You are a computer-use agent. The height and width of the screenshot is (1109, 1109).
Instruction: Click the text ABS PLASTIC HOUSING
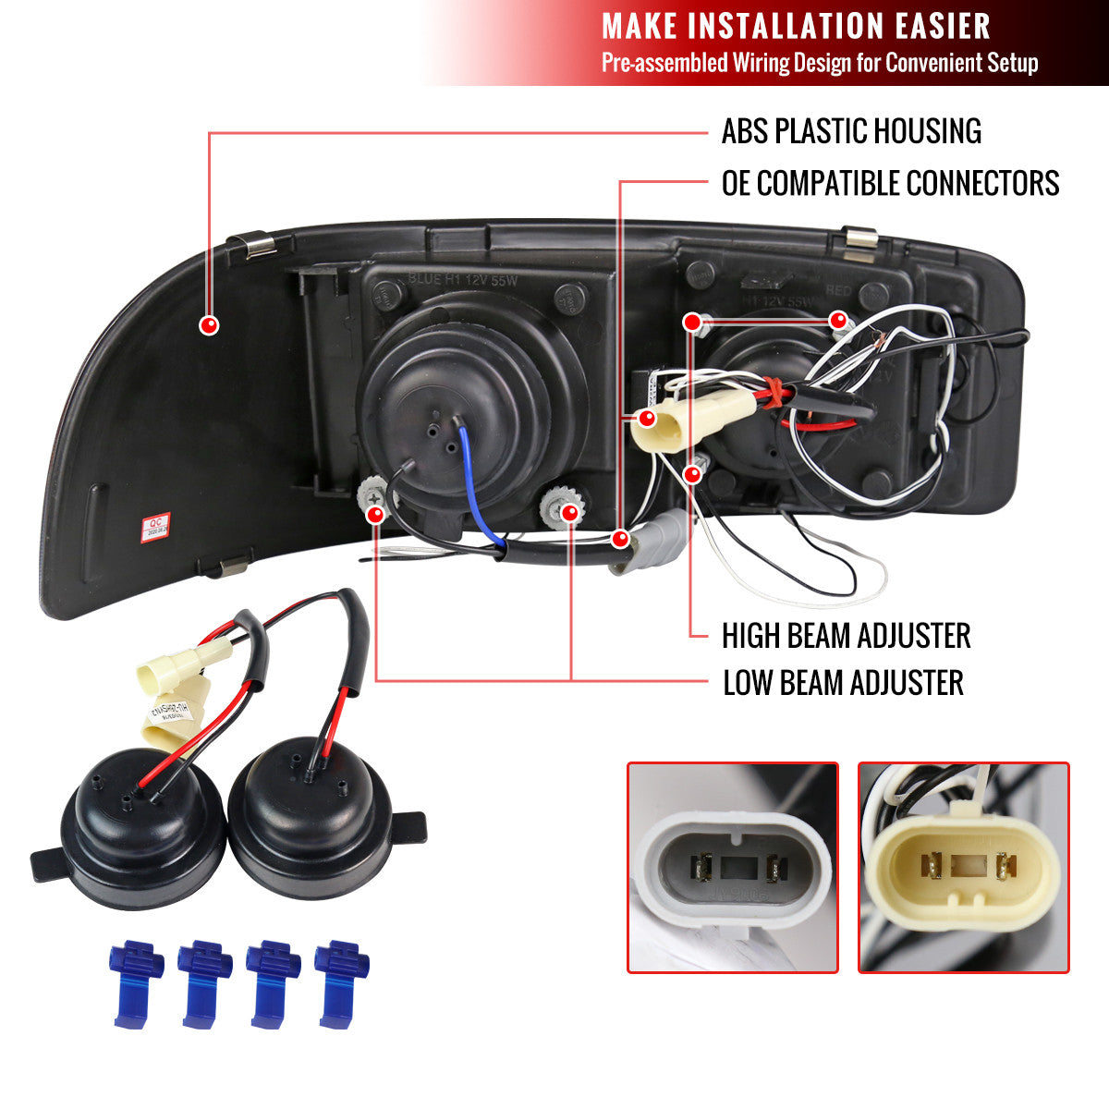(850, 131)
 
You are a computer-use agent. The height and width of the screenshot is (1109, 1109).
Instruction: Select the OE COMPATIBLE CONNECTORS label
(890, 183)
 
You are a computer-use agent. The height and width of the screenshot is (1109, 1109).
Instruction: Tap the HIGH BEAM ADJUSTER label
(846, 636)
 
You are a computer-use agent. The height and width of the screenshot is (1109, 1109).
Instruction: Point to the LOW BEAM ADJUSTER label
(843, 684)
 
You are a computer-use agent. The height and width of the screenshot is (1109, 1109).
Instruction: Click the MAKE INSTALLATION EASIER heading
(796, 26)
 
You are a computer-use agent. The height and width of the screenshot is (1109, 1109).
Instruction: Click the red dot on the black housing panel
(210, 324)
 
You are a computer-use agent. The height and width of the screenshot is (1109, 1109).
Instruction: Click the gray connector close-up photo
(733, 867)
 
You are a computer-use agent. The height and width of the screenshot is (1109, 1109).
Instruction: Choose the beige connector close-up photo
(964, 867)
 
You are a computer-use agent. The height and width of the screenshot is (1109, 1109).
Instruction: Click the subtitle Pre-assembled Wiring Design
(820, 63)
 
